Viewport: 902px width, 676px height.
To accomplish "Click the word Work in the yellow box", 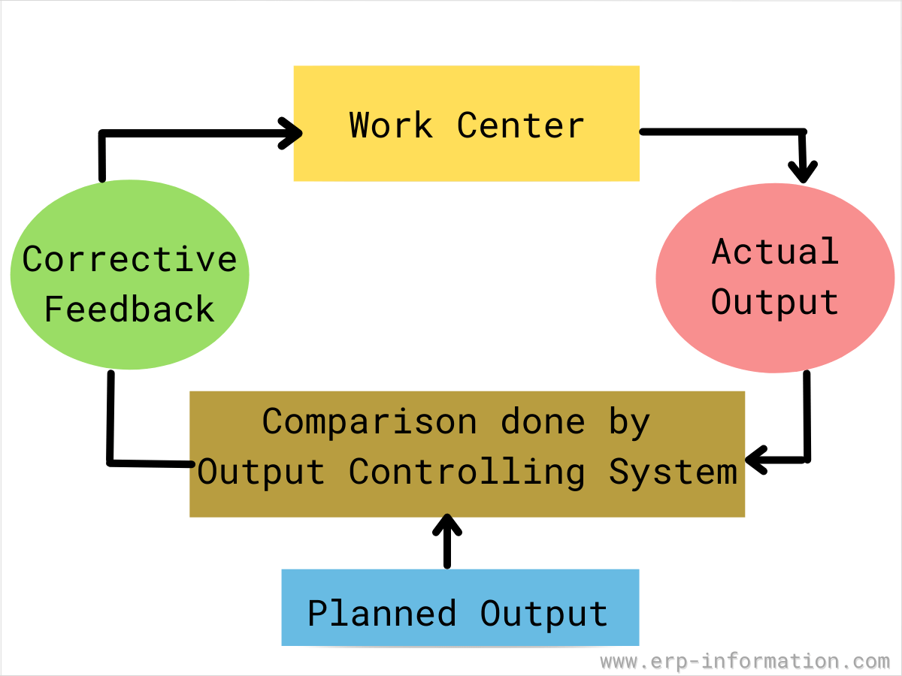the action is pos(391,125).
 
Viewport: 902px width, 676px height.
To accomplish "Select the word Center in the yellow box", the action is pos(520,125).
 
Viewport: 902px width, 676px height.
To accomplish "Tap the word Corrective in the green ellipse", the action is pos(130,260).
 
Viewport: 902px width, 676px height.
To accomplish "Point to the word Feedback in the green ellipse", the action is pos(130,309).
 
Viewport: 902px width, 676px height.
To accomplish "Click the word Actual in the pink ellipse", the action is pos(775,252).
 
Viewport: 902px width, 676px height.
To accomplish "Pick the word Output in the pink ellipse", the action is pos(775,302).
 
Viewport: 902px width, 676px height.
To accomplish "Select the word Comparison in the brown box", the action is pos(369,422).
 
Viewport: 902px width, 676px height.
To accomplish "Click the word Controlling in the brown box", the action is pos(467,472).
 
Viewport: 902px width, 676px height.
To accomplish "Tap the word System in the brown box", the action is pos(673,472).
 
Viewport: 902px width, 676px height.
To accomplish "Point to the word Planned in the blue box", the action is pos(382,614).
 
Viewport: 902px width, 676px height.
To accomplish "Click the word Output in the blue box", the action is pos(544,614).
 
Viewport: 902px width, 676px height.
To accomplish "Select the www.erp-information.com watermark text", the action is pos(745,662).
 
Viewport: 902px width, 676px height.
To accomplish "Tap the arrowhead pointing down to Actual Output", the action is pos(804,172).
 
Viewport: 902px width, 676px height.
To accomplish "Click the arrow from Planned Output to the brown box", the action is pos(448,541).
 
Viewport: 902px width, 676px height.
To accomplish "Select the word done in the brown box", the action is pos(543,422).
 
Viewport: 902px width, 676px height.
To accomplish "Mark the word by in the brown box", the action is pos(629,422).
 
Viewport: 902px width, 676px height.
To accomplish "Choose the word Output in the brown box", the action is pos(261,472).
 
